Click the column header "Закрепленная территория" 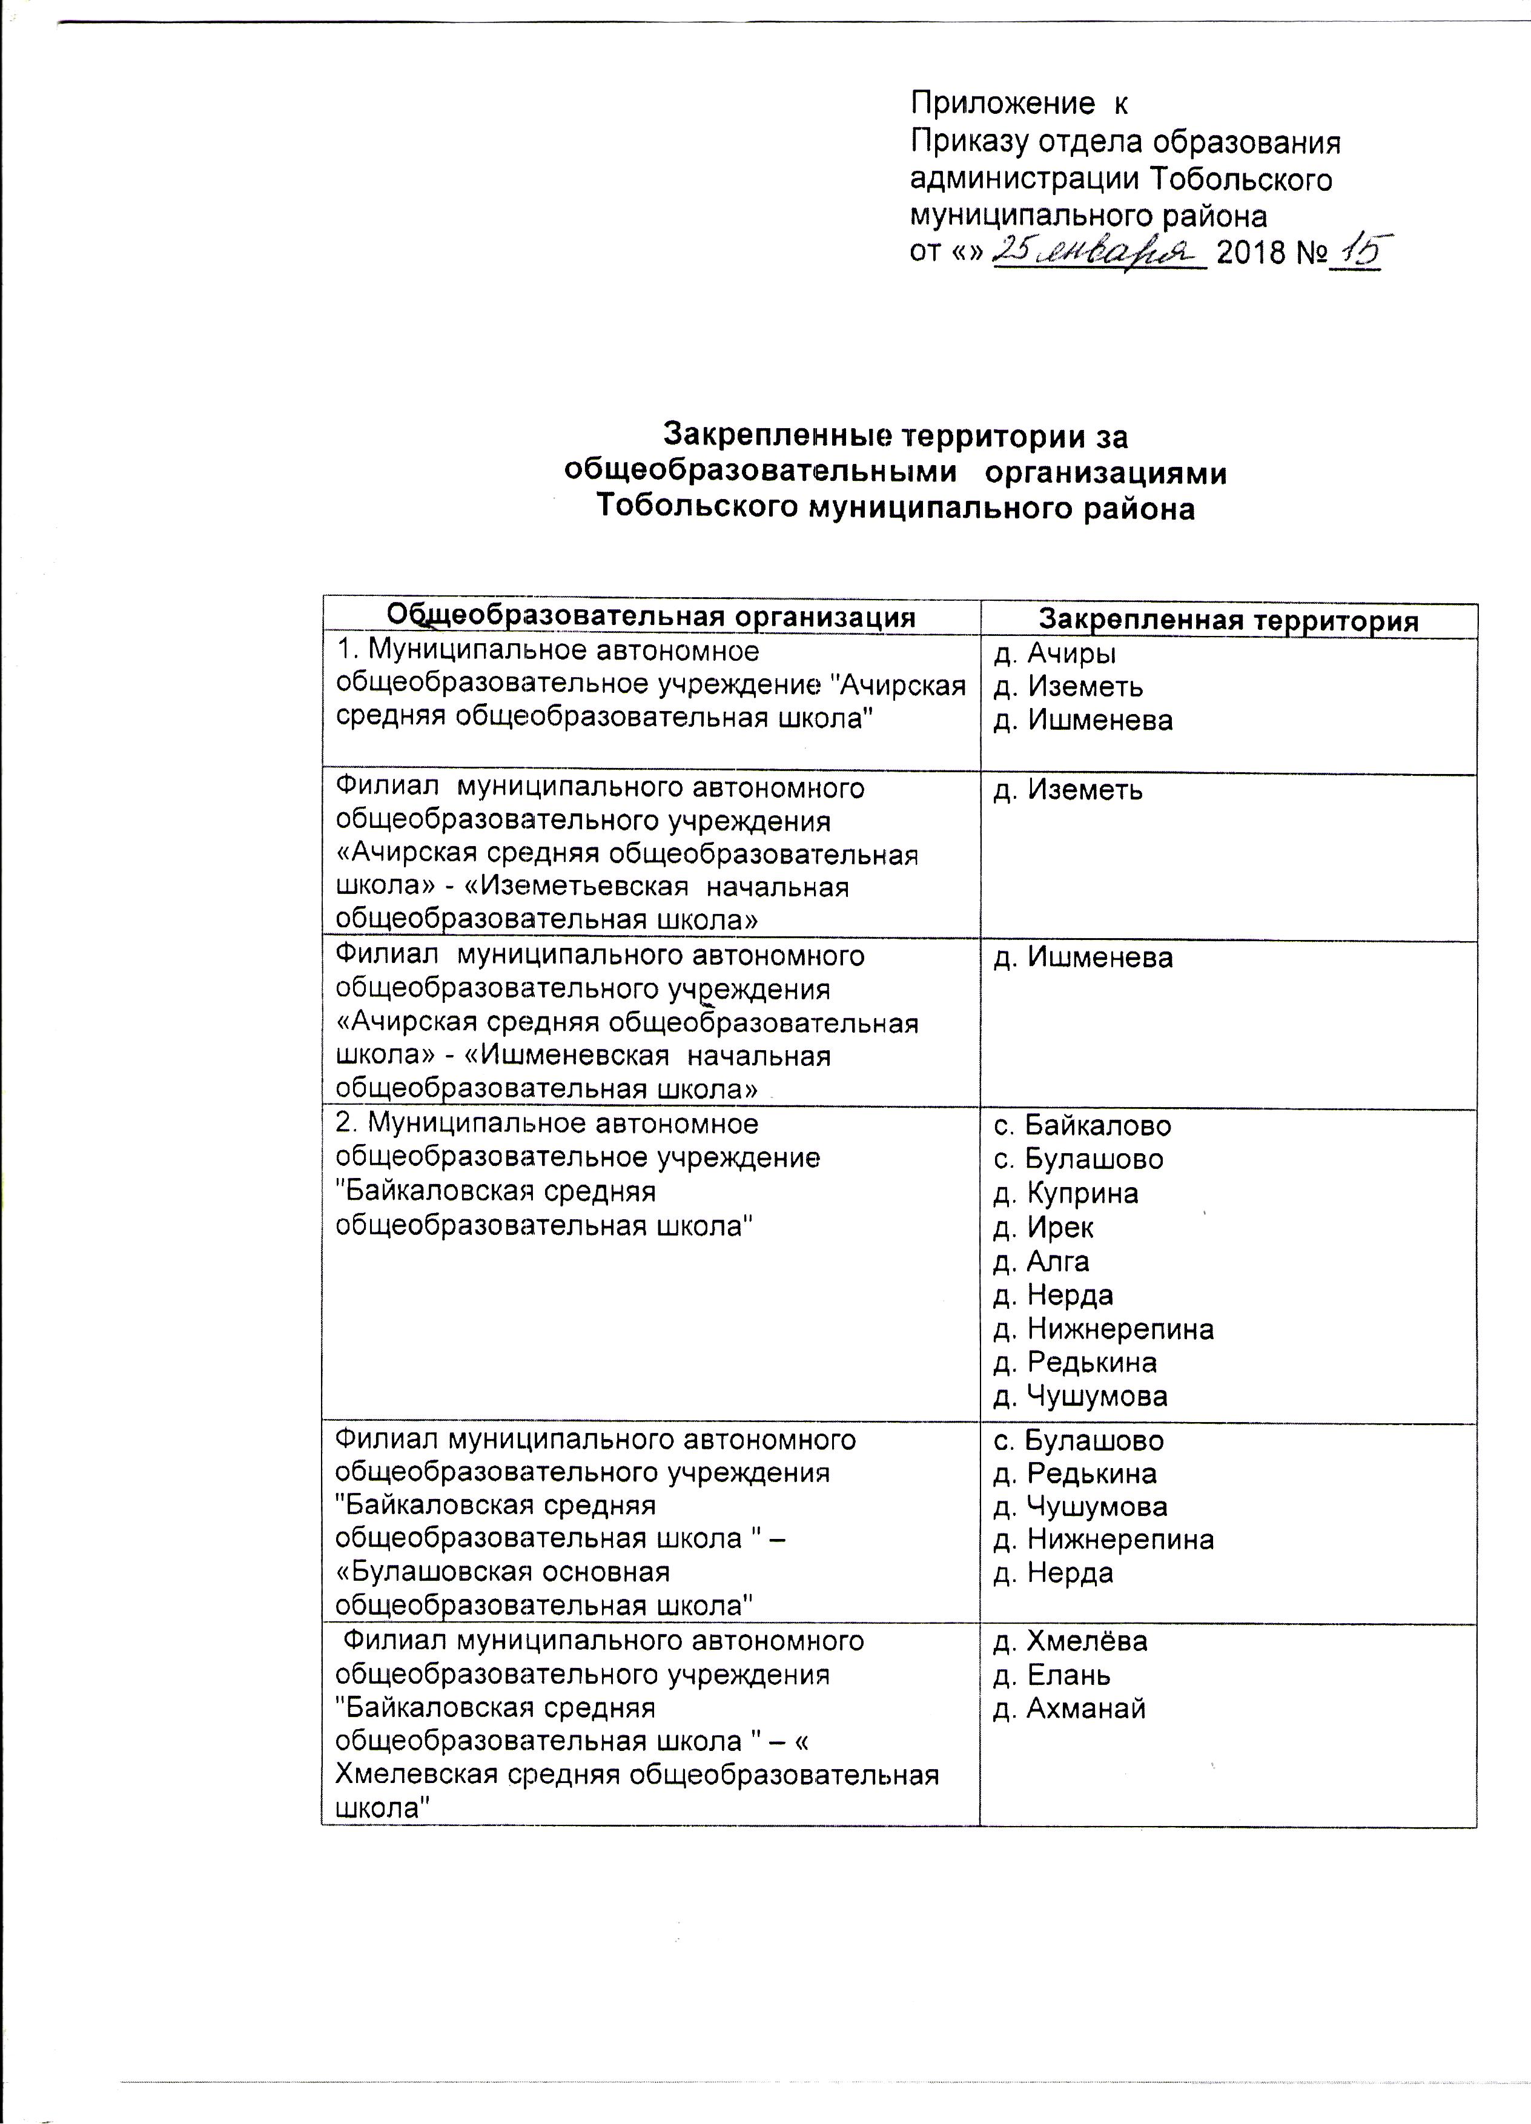(x=1229, y=621)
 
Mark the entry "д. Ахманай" (x=1070, y=1709)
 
